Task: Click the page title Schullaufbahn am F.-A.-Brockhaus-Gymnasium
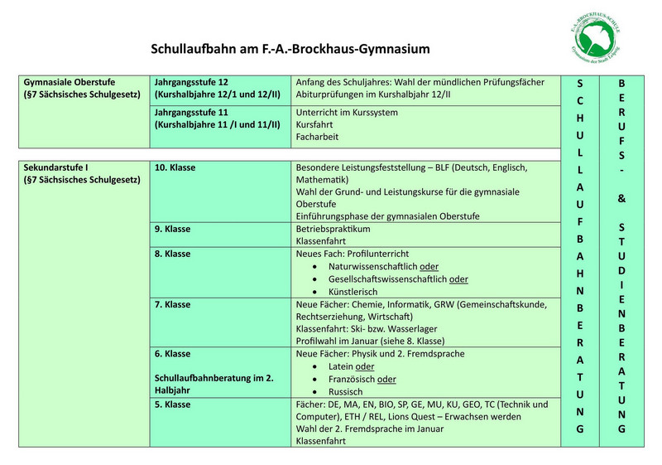click(x=290, y=49)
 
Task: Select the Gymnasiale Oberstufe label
click(x=70, y=83)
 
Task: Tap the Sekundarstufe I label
click(x=57, y=167)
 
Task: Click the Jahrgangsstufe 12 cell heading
click(x=191, y=83)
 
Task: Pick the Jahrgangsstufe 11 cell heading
click(x=191, y=112)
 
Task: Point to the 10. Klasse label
click(x=175, y=167)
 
